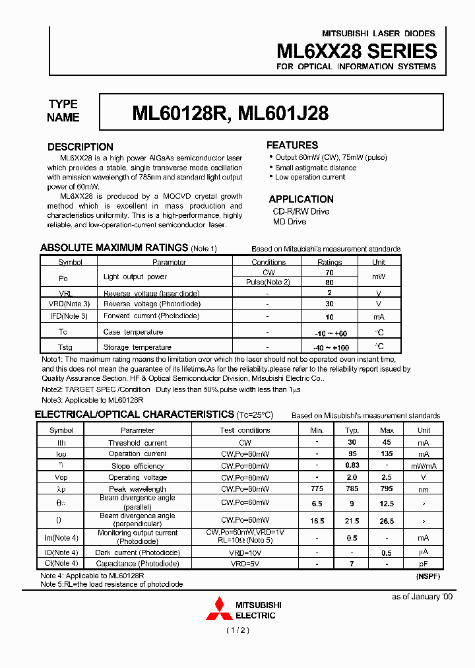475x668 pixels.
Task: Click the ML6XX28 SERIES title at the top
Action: tap(356, 51)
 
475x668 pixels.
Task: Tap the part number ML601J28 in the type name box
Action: tap(283, 114)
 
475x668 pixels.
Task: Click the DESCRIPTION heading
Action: tap(80, 147)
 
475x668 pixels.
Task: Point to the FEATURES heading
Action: tap(292, 145)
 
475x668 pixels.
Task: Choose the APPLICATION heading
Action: tap(301, 199)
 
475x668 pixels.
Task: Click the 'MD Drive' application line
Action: tap(290, 222)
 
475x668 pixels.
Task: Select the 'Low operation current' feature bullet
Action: tap(310, 177)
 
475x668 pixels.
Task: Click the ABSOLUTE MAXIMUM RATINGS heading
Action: tap(114, 248)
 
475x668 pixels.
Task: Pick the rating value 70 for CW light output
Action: tap(330, 272)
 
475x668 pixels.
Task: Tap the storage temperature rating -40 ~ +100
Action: tap(330, 347)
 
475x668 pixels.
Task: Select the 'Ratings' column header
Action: tap(330, 262)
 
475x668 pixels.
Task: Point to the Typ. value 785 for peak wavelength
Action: tap(352, 489)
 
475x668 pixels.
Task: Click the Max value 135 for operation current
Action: tap(387, 454)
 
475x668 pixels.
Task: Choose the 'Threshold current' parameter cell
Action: tap(137, 443)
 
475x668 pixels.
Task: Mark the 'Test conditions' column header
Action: tap(245, 430)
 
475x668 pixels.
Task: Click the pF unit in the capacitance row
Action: tap(424, 564)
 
